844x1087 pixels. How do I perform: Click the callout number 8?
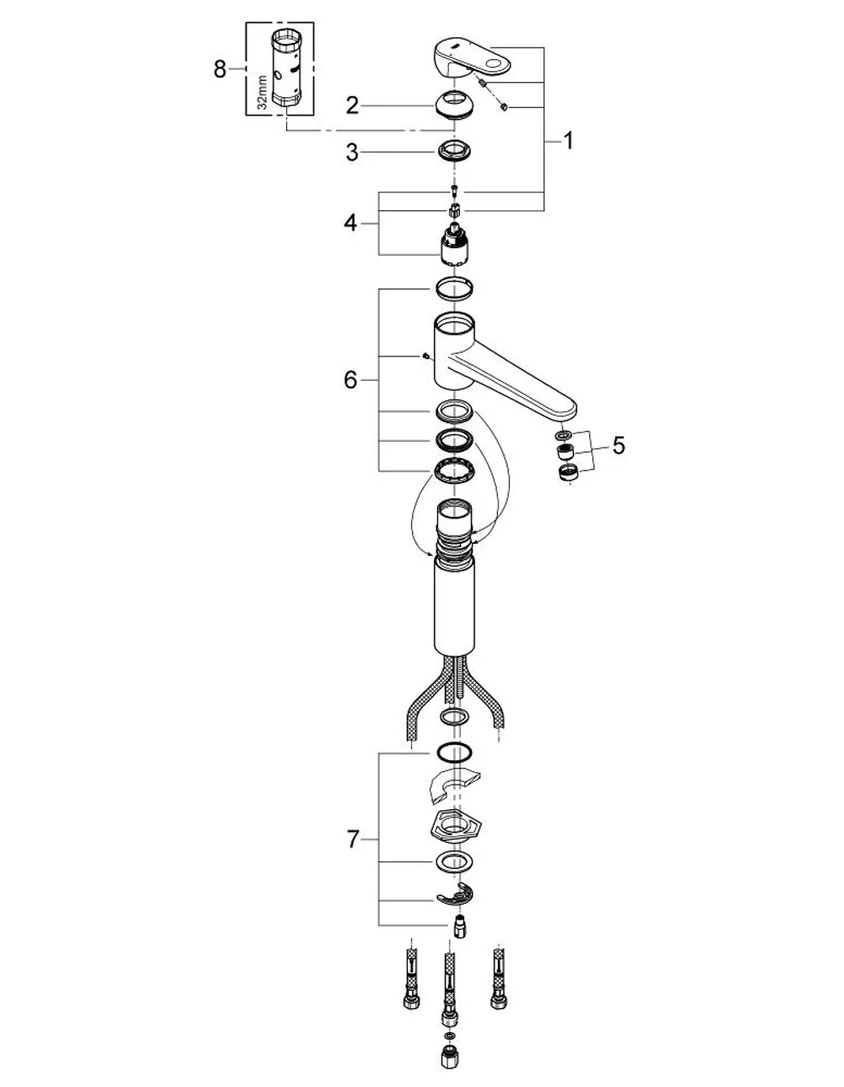pos(220,69)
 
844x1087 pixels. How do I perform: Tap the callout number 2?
pos(352,106)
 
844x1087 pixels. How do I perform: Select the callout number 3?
pos(352,152)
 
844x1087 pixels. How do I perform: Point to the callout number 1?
pos(568,141)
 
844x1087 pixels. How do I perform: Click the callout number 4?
pos(350,223)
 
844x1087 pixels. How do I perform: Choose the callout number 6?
pos(350,380)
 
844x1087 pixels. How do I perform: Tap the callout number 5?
pos(619,445)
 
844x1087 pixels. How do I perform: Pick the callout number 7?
pos(353,839)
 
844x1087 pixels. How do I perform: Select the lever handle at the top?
pos(471,59)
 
